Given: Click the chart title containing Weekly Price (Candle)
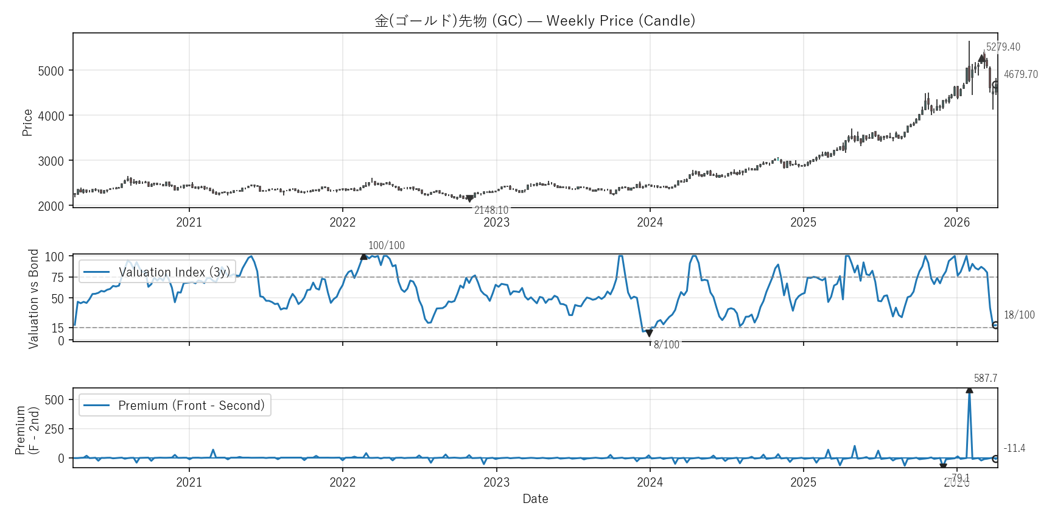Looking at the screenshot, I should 535,21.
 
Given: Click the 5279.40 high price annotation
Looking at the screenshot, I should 1003,47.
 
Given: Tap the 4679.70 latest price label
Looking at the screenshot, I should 1020,74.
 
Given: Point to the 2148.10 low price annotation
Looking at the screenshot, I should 491,210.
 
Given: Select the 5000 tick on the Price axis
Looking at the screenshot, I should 51,71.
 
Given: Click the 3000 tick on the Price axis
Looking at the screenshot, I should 51,161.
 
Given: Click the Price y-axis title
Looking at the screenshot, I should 27,122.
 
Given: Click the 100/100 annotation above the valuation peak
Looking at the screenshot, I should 386,245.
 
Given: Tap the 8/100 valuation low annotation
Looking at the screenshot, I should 666,345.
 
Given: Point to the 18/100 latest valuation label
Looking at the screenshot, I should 1019,315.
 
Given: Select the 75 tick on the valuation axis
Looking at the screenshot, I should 57,278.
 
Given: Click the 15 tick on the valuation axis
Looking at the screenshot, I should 57,328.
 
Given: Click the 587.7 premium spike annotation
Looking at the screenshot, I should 985,378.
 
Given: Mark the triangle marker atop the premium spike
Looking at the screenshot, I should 969,390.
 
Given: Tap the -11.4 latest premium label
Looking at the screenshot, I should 1014,448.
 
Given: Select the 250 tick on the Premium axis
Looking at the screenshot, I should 54,429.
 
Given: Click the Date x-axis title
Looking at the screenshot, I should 535,499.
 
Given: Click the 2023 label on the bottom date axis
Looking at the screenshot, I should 496,482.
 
